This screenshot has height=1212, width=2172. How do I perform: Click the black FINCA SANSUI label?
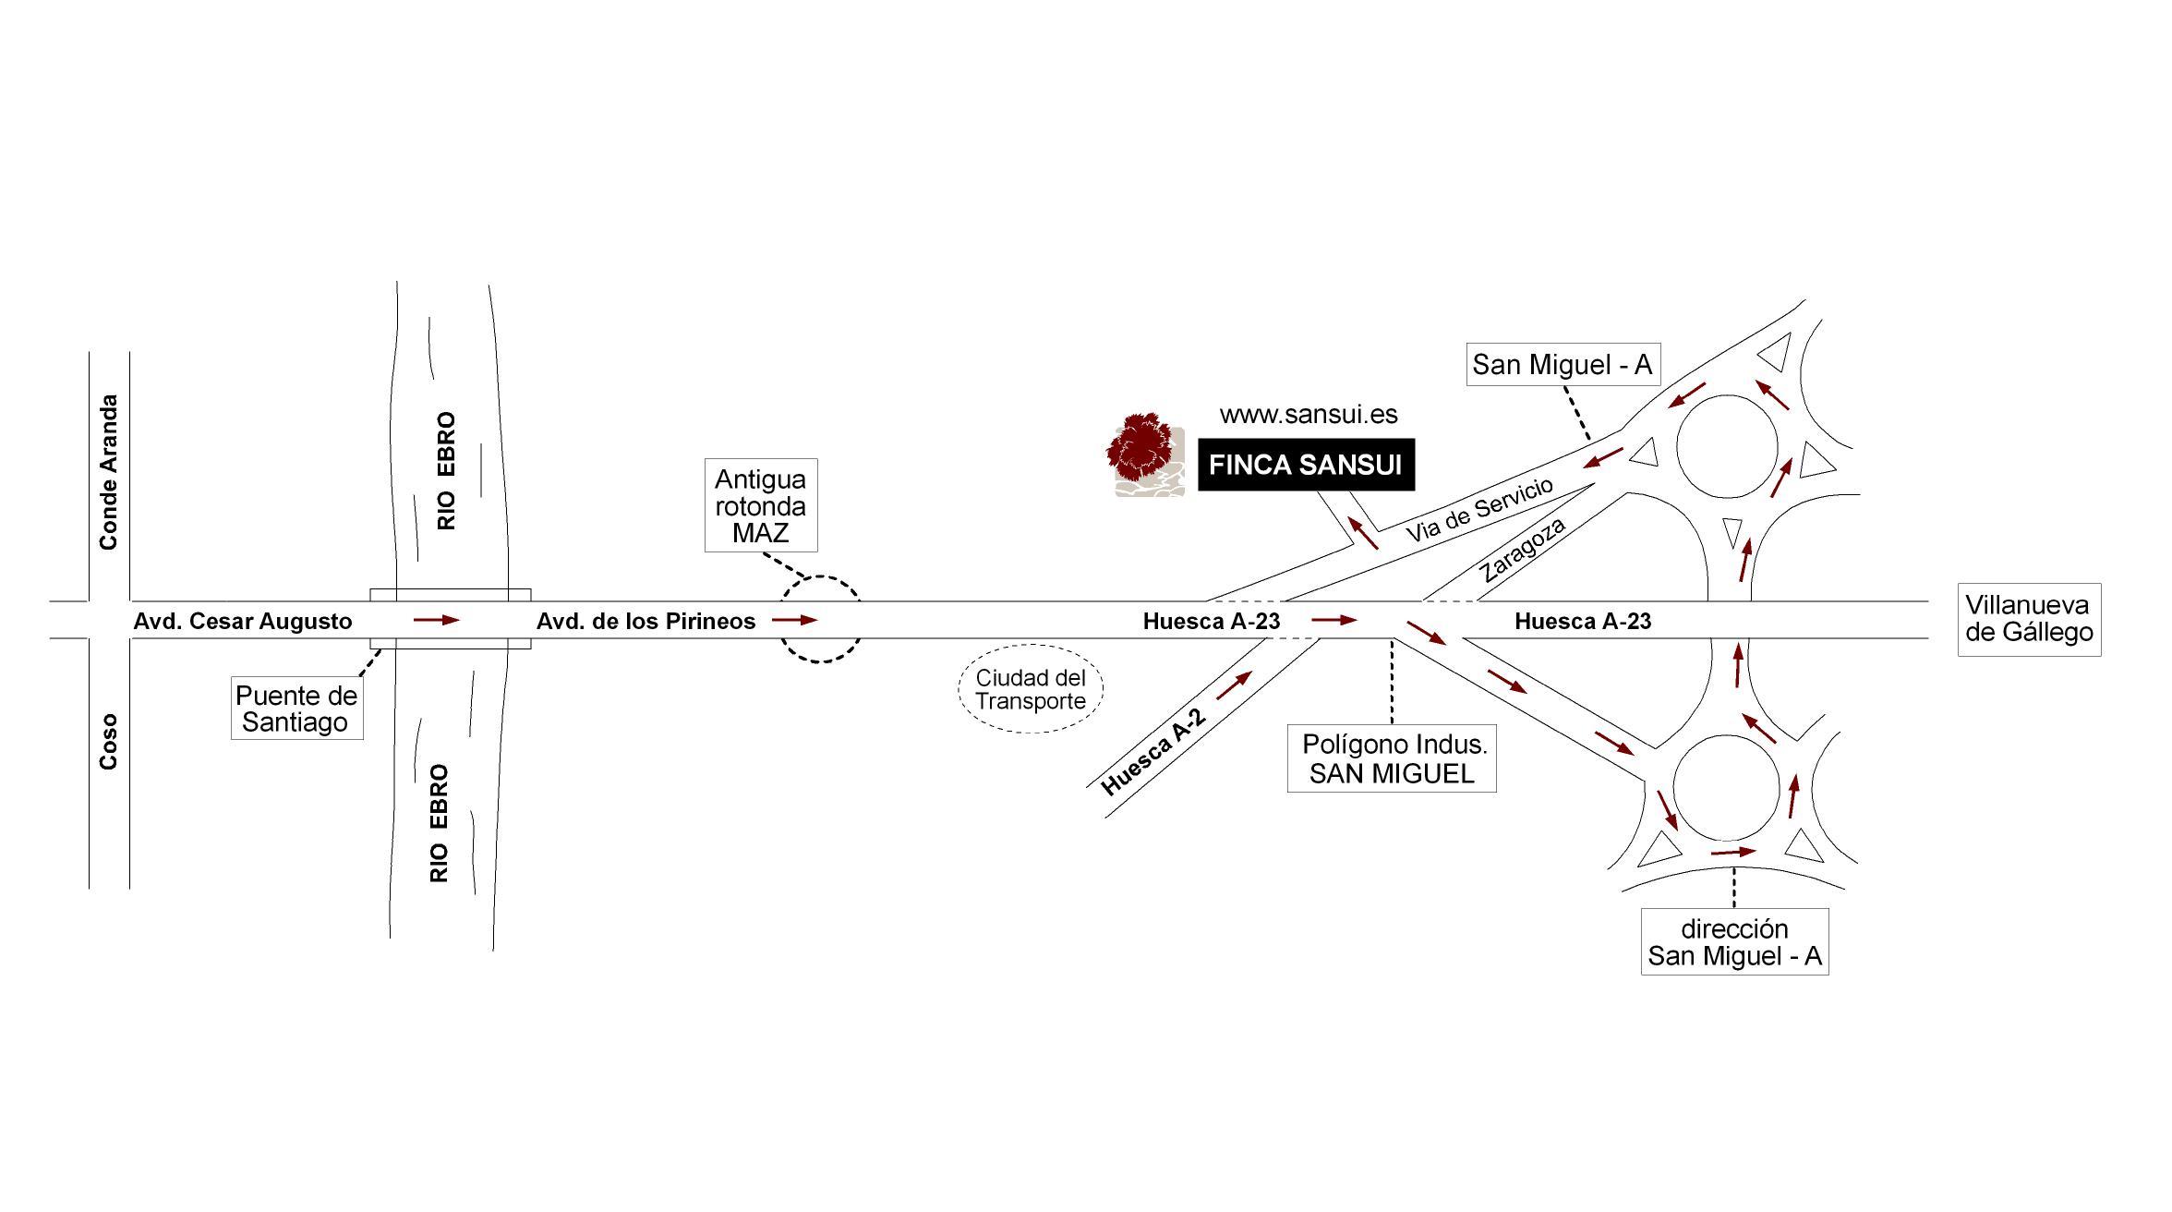click(1306, 465)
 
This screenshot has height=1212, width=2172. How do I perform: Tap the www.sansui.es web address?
click(1309, 415)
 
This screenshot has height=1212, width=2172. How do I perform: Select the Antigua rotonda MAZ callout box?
click(760, 505)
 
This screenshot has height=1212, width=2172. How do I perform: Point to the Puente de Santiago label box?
click(296, 709)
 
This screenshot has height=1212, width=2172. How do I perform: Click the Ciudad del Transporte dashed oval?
click(1031, 689)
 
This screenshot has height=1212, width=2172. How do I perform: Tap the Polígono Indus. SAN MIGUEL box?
click(1392, 758)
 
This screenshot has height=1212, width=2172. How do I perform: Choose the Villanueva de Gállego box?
click(2029, 619)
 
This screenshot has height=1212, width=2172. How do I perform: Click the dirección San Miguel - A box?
click(1734, 941)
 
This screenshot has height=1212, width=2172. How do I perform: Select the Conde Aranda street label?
click(109, 472)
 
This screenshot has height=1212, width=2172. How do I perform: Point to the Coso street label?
click(109, 742)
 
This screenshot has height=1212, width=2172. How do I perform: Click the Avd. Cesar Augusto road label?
click(243, 622)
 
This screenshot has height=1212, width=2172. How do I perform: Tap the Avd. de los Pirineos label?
click(646, 622)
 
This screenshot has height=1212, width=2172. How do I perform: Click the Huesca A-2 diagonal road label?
click(1153, 751)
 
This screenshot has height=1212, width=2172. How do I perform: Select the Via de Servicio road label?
click(1479, 509)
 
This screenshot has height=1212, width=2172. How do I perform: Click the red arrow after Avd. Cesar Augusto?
click(436, 620)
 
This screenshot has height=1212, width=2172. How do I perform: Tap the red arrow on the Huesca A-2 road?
click(1235, 685)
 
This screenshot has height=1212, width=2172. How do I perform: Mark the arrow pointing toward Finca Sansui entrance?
click(1364, 533)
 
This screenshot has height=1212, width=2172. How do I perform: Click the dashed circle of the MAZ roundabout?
click(820, 620)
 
